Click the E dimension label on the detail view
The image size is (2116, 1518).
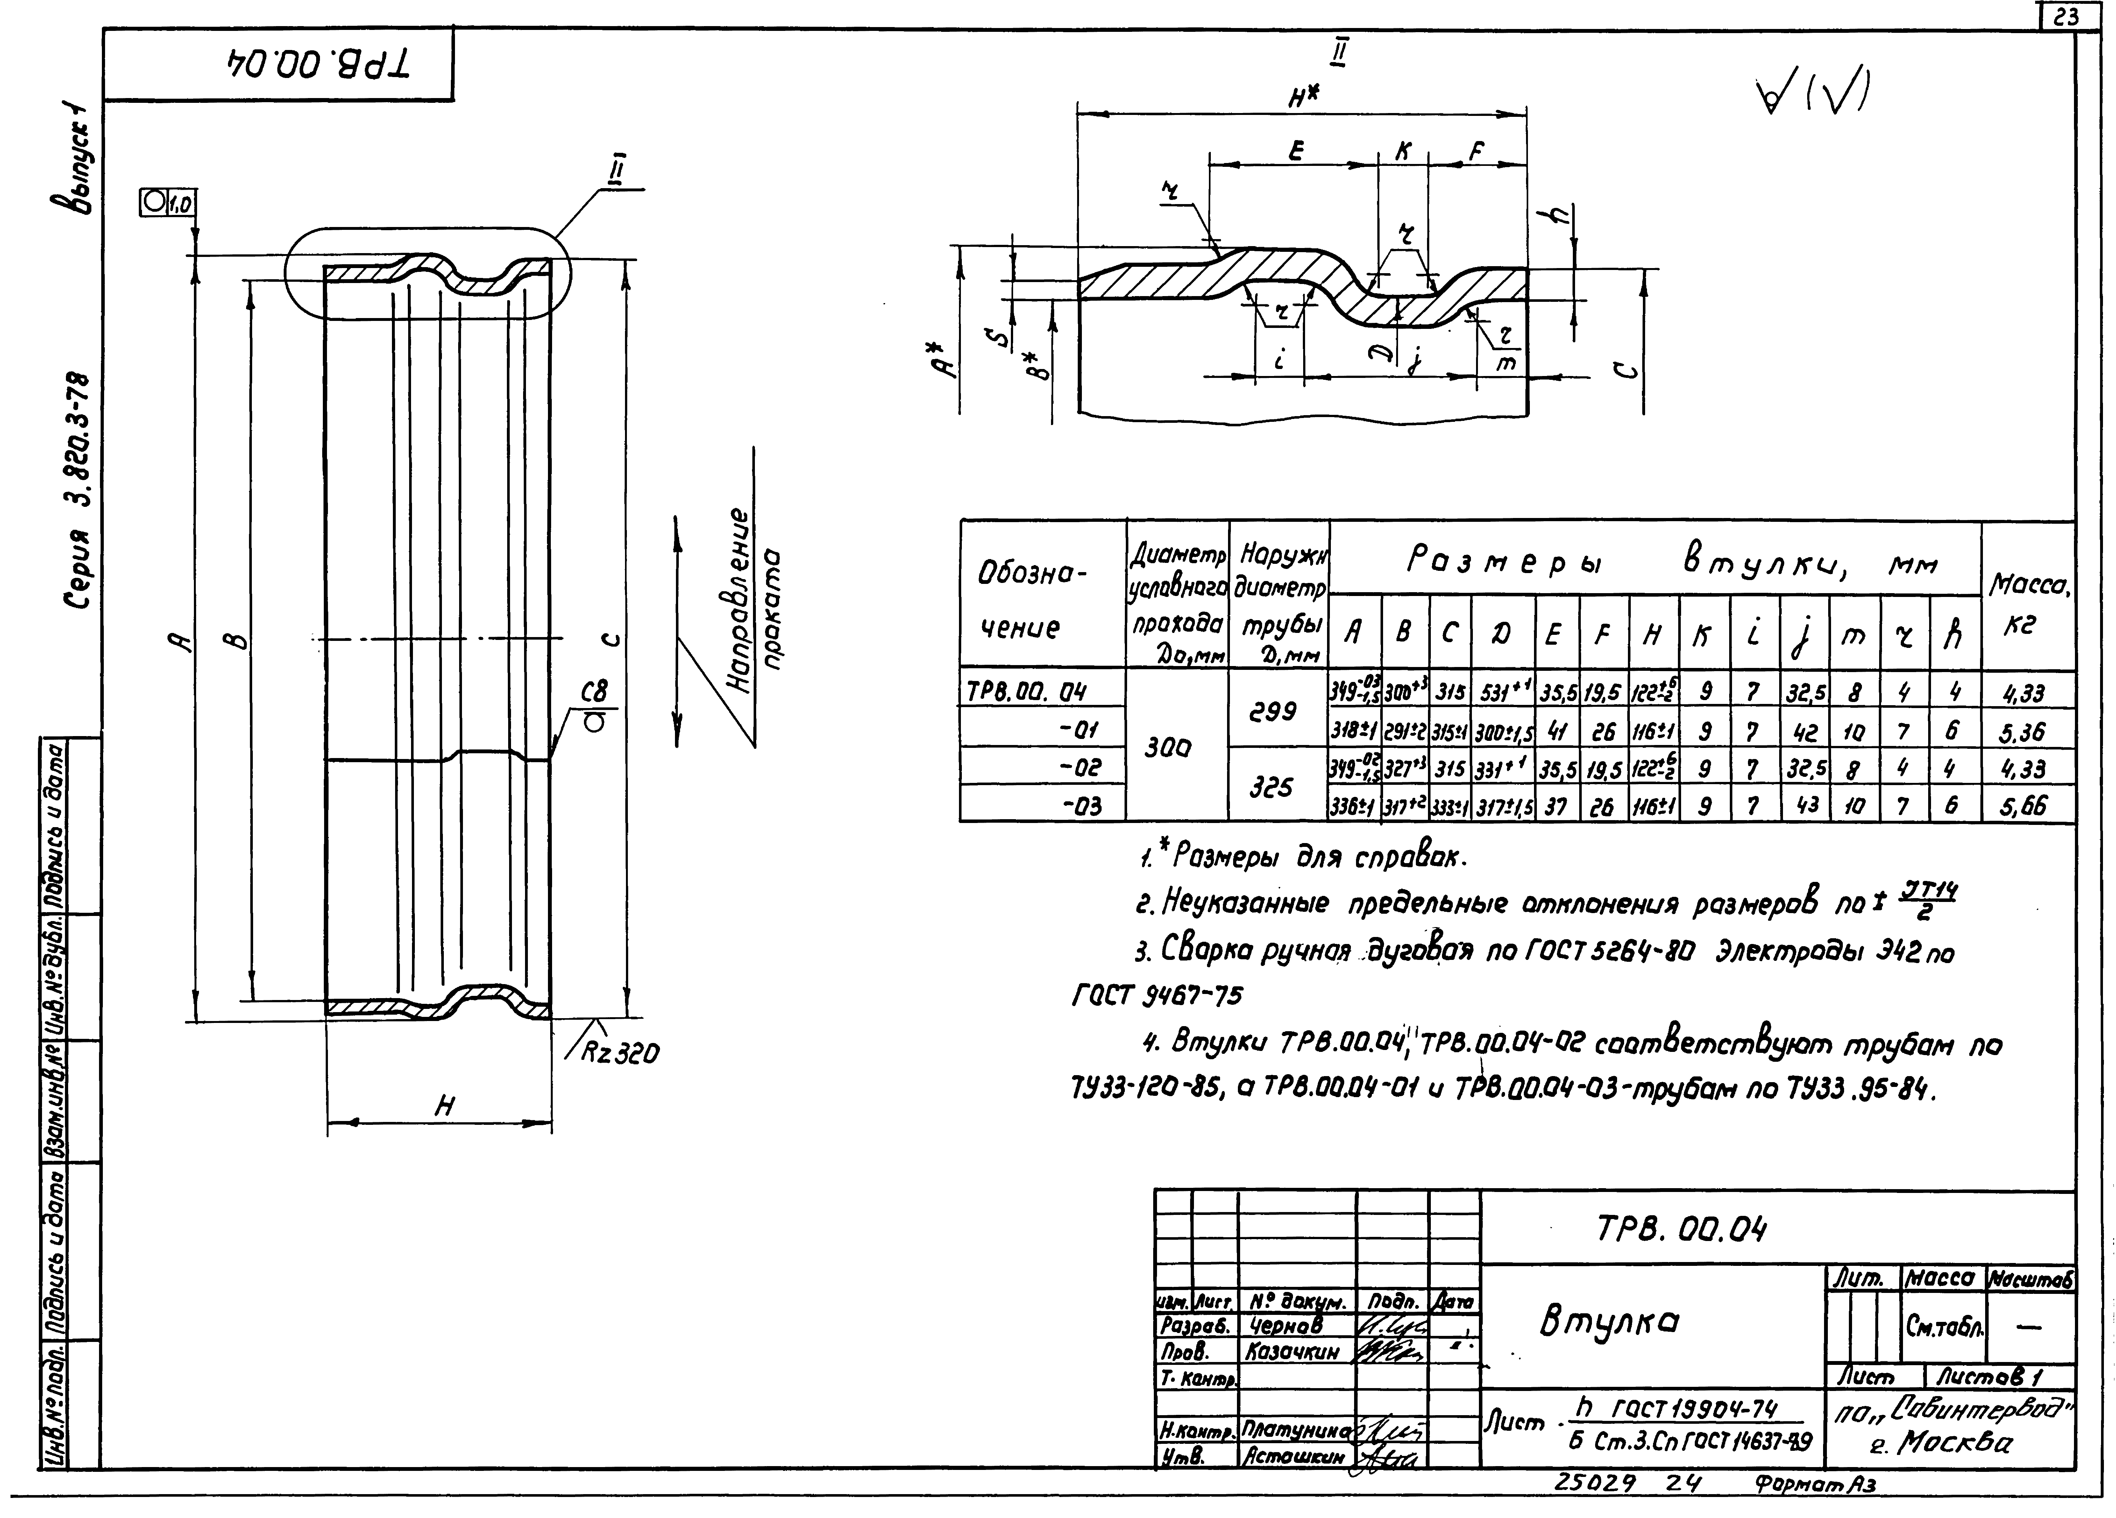1296,151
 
